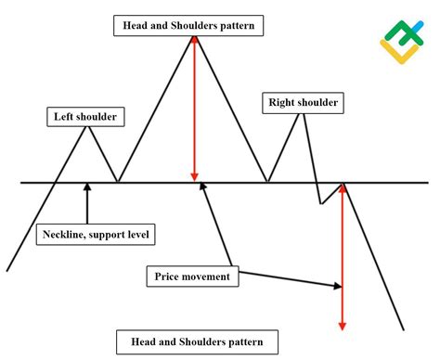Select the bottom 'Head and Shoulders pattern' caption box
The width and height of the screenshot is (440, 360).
(197, 341)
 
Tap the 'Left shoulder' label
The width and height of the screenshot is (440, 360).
(88, 117)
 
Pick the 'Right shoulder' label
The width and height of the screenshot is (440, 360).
(304, 102)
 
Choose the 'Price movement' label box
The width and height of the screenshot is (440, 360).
(192, 276)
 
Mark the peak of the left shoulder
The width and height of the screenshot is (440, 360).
(88, 127)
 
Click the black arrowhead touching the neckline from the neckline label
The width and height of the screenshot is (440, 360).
(86, 187)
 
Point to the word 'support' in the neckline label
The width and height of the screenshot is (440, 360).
(109, 235)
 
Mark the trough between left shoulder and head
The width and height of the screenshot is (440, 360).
(117, 182)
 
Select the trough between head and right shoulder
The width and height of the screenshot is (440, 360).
(268, 182)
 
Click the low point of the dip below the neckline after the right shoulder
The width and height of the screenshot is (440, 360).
(321, 203)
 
